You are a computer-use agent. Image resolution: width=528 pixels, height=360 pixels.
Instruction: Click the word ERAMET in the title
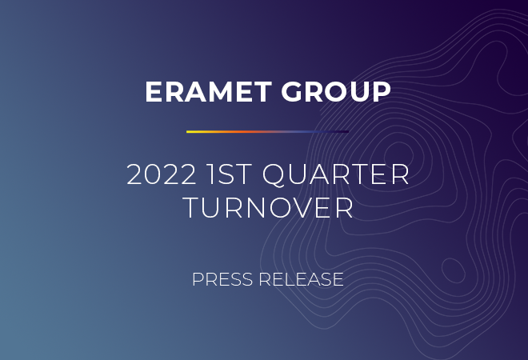pos(209,91)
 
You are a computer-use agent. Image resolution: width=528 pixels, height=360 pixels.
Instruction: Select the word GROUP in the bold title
pos(336,91)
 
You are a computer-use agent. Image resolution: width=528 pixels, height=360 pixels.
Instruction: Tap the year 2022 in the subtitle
pos(162,174)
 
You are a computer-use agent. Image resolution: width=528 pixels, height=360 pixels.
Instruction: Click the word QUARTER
pos(335,175)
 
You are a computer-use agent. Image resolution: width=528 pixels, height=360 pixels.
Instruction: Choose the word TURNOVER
pos(268,208)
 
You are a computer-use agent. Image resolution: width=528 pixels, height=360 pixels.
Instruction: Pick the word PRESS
pos(222,279)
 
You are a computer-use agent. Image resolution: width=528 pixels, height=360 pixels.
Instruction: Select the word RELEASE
pos(301,279)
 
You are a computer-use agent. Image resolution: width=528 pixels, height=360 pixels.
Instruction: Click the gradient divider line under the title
pos(268,132)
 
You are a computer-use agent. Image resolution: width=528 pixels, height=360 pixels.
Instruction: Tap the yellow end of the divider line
pos(187,132)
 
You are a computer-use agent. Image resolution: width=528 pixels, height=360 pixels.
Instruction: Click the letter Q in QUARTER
pos(274,175)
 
